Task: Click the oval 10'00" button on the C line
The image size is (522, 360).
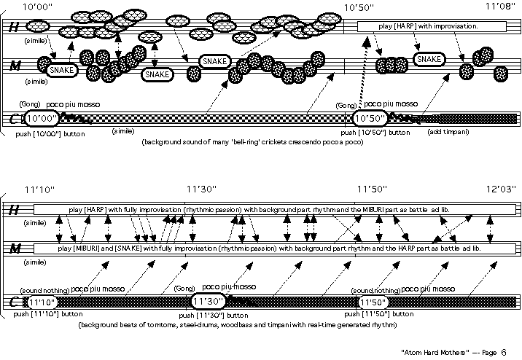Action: tap(42, 118)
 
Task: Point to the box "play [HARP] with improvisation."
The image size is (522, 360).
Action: tap(429, 26)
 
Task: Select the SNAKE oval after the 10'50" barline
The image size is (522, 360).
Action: tap(428, 59)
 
